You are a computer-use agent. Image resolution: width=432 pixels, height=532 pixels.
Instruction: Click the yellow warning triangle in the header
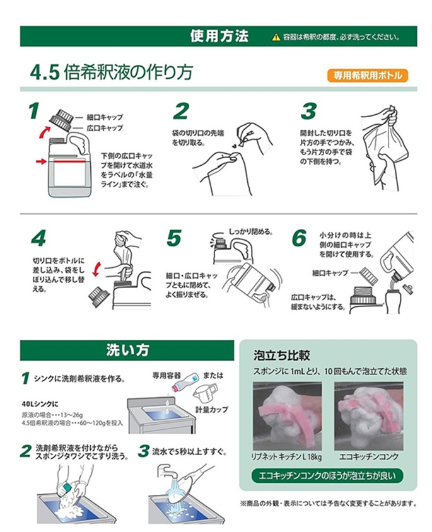[x=276, y=37]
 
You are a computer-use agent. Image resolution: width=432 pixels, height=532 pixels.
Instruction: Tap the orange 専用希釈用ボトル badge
[x=367, y=75]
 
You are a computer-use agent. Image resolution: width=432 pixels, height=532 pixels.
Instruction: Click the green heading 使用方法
[x=219, y=36]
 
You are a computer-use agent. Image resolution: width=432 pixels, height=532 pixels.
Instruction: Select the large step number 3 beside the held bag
[x=308, y=112]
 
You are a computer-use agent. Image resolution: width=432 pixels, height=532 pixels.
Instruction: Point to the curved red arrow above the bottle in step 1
[x=44, y=132]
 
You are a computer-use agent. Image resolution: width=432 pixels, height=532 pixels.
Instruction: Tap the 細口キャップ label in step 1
[x=105, y=117]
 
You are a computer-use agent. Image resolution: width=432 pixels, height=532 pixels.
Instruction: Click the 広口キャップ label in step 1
[x=105, y=128]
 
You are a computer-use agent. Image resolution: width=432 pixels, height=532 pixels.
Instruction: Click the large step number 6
[x=299, y=238]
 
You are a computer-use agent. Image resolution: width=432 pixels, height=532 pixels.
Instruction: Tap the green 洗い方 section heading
[x=127, y=350]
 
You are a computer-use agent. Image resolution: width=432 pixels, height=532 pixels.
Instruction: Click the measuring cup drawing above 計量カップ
[x=205, y=393]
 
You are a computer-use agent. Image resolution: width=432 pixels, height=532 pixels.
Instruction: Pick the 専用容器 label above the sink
[x=166, y=375]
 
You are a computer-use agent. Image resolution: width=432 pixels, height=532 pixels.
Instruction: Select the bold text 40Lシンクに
[x=40, y=404]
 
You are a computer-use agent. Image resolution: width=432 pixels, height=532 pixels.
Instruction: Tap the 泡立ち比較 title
[x=281, y=356]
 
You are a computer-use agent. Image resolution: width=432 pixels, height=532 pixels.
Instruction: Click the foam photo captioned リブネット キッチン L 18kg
[x=287, y=416]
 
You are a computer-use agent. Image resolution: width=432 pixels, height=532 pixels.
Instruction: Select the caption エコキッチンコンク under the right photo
[x=369, y=457]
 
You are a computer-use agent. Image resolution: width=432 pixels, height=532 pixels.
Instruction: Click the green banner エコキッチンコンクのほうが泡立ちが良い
[x=327, y=476]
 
